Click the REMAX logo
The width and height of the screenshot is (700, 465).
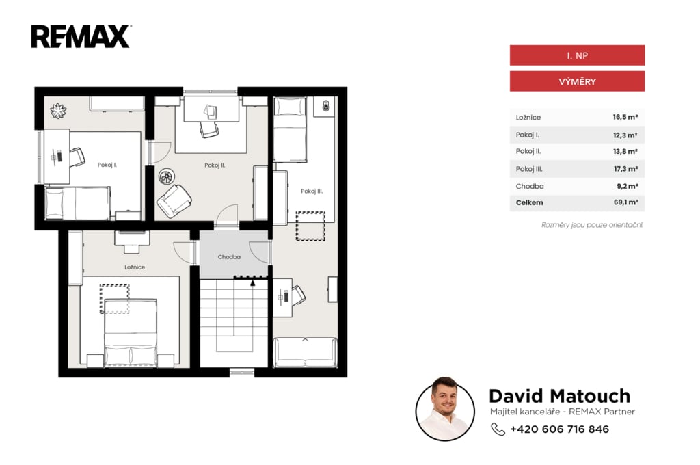(81, 37)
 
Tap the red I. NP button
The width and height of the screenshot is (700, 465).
(577, 55)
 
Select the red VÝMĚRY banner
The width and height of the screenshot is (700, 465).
(577, 82)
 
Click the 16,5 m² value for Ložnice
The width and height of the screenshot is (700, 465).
(625, 117)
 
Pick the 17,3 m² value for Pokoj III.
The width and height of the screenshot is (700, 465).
(625, 169)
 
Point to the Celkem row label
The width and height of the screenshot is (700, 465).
(530, 203)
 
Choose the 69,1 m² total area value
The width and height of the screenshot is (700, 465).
(625, 202)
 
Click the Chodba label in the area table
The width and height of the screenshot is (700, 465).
(530, 186)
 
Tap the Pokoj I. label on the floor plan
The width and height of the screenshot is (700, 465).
(107, 165)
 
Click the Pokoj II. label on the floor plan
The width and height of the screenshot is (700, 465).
(215, 165)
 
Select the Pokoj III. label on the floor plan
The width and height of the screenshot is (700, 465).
(312, 191)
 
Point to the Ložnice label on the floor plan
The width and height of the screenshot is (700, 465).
(135, 267)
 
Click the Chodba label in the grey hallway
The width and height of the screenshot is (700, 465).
(229, 257)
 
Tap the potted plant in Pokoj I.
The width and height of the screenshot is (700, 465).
(58, 110)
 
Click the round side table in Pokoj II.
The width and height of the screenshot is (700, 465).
(167, 176)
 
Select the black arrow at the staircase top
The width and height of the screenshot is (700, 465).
(253, 282)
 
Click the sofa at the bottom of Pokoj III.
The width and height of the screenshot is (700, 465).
(305, 352)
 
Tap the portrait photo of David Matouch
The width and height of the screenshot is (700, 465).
(444, 409)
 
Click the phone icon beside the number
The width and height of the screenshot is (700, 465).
(498, 429)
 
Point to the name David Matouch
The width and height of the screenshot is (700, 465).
(559, 396)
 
